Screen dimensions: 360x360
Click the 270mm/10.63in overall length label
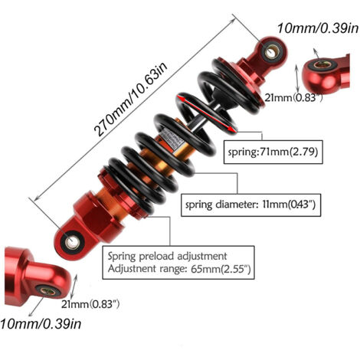pyautogui.click(x=130, y=99)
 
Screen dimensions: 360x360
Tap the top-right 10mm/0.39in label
pyautogui.click(x=318, y=28)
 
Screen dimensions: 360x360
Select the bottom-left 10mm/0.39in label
pyautogui.click(x=41, y=324)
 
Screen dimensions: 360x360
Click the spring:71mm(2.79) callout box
pyautogui.click(x=273, y=152)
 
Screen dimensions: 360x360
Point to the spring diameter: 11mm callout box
pyautogui.click(x=250, y=205)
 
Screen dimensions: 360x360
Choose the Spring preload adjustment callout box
pyautogui.click(x=178, y=263)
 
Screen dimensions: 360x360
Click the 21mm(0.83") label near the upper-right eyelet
pyautogui.click(x=293, y=97)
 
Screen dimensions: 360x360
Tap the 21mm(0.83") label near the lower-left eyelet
pyautogui.click(x=90, y=304)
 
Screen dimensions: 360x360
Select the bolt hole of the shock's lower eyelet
pyautogui.click(x=73, y=241)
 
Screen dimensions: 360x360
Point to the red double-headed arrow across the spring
pyautogui.click(x=207, y=113)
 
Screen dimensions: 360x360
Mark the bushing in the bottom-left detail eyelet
pyautogui.click(x=49, y=290)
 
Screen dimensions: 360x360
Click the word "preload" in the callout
pyautogui.click(x=156, y=257)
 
